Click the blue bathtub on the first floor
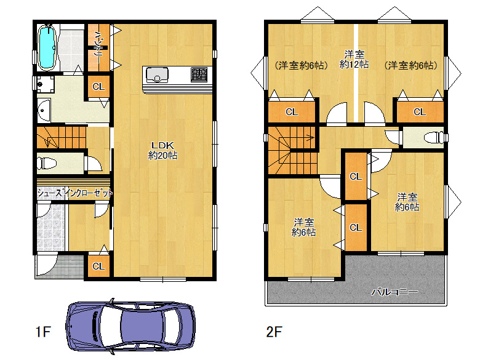pos(47,48)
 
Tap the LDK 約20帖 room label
pos(162,150)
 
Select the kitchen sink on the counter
pos(157,75)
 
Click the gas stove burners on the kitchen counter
pos(199,74)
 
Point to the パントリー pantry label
pos(98,47)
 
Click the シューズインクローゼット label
pos(75,193)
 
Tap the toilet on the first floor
pos(47,163)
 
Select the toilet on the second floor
pos(434,138)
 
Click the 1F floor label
pos(43,332)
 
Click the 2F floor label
pos(274,332)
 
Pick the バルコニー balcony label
pos(394,292)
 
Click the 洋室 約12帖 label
pos(354,60)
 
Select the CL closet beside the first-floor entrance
pos(98,266)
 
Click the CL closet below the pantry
pos(98,87)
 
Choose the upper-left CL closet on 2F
pos(292,112)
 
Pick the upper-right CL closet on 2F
pos(420,112)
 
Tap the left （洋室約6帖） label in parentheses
pos(301,65)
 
